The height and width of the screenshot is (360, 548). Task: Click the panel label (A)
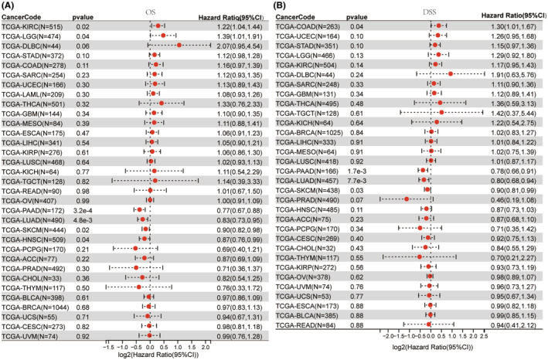(x=11, y=5)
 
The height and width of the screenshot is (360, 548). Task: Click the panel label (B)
(x=284, y=5)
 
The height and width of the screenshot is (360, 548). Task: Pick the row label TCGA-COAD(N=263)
(x=317, y=25)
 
